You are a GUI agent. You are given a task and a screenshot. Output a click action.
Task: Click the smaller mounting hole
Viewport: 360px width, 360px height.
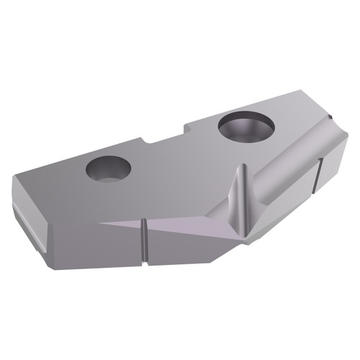108,169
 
